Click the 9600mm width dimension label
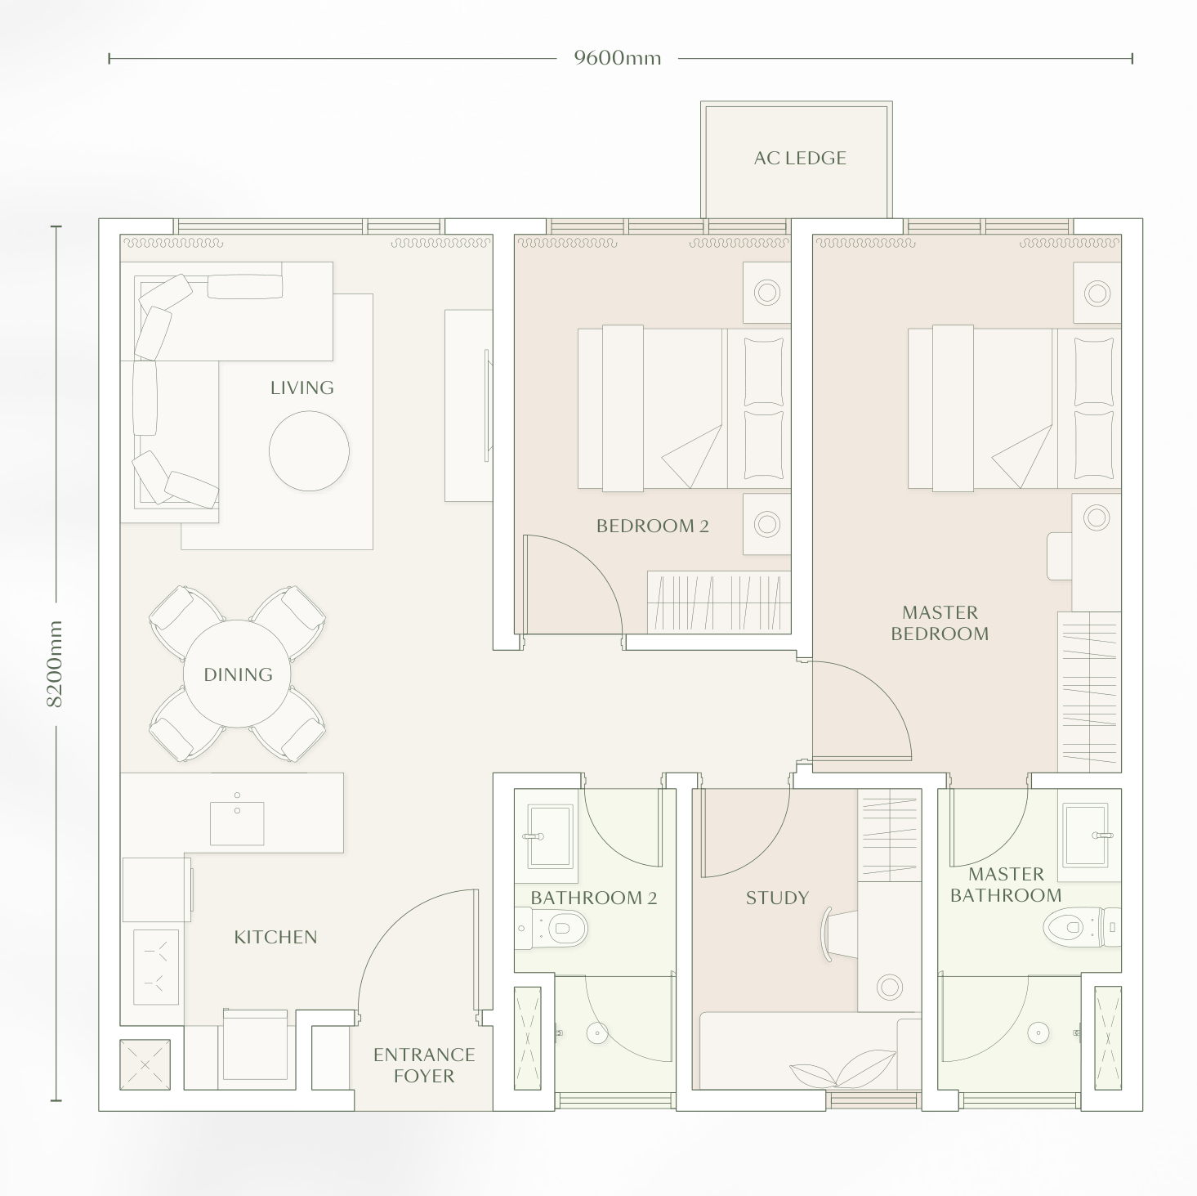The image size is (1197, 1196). click(x=617, y=58)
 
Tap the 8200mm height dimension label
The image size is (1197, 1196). click(x=55, y=663)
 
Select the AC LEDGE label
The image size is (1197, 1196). click(x=800, y=159)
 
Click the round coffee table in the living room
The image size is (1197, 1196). click(x=309, y=450)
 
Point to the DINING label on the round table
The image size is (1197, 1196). click(x=238, y=674)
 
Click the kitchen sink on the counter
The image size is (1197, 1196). click(x=237, y=822)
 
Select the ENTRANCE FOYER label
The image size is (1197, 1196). click(x=423, y=1065)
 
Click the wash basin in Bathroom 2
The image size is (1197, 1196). click(x=549, y=835)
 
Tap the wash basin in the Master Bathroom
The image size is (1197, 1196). click(x=1085, y=835)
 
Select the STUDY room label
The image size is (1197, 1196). click(x=776, y=898)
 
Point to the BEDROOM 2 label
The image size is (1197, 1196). click(x=652, y=526)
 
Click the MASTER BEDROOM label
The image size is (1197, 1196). click(x=940, y=623)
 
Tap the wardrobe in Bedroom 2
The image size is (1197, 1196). click(x=718, y=602)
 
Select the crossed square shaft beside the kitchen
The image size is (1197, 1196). click(x=145, y=1065)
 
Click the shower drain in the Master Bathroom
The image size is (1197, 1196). click(x=1037, y=1033)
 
